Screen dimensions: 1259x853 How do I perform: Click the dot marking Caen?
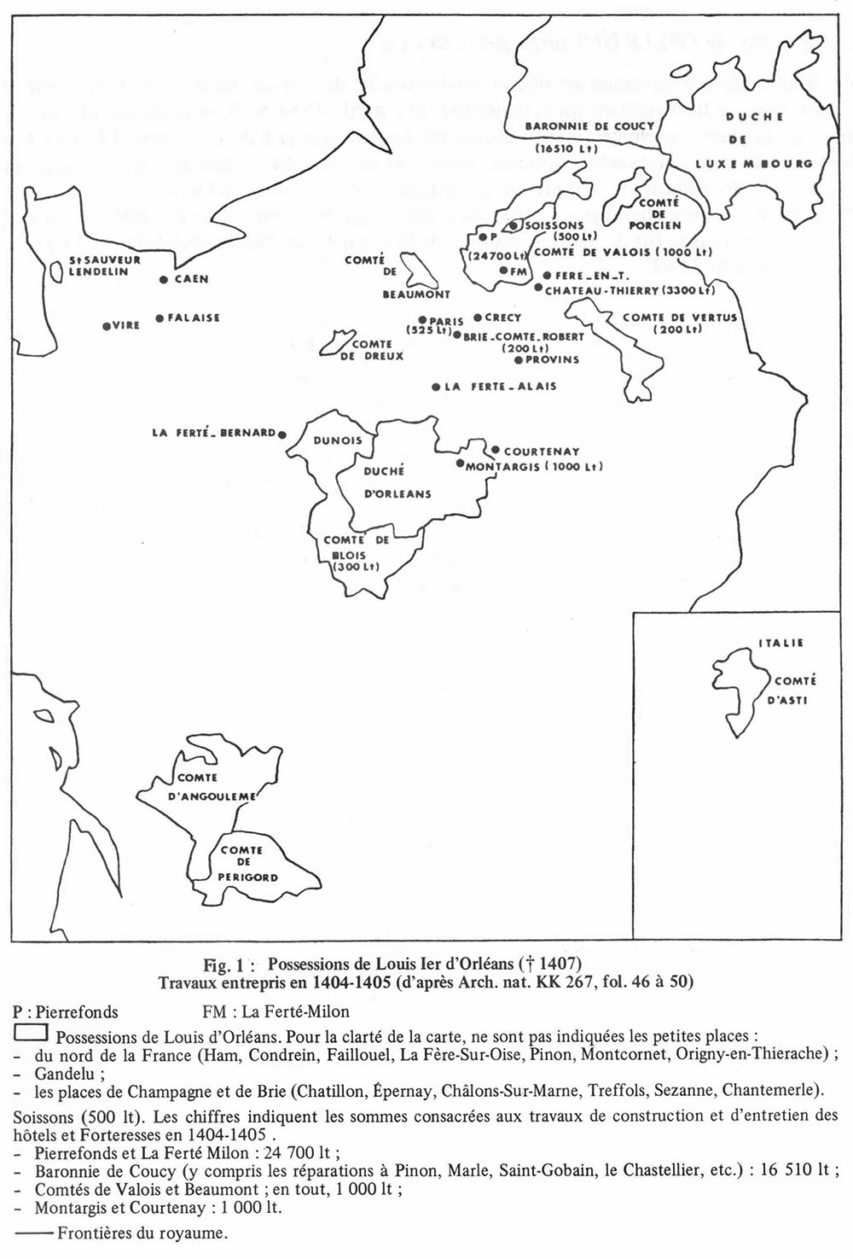point(163,279)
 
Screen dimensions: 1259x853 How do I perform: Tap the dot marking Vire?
point(105,326)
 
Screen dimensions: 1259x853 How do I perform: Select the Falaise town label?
point(194,318)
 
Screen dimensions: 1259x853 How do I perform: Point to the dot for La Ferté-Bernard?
point(281,434)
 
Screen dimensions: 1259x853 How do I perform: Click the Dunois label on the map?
point(338,440)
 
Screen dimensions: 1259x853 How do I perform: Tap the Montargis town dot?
point(459,465)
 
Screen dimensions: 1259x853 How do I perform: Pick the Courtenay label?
point(542,452)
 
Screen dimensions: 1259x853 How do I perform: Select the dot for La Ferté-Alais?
point(436,387)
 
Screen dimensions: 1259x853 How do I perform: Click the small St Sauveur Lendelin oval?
point(55,271)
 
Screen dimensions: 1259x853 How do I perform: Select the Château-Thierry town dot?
point(537,288)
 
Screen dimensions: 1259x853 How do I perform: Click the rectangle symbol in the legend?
point(31,1034)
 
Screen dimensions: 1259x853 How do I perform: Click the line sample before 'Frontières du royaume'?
point(33,1233)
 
